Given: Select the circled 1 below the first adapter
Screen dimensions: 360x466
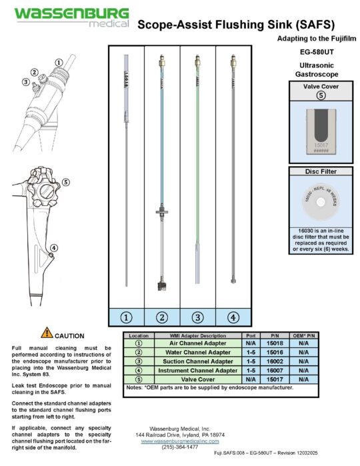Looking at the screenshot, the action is point(126,317).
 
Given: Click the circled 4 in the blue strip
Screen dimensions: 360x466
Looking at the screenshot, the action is point(232,317).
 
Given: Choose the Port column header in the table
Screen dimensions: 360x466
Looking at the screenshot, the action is point(251,335).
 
